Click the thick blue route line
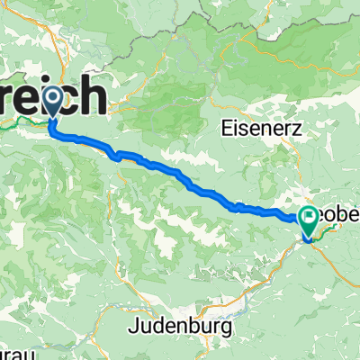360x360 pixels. click(180, 173)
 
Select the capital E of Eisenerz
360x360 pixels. click(225, 129)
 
